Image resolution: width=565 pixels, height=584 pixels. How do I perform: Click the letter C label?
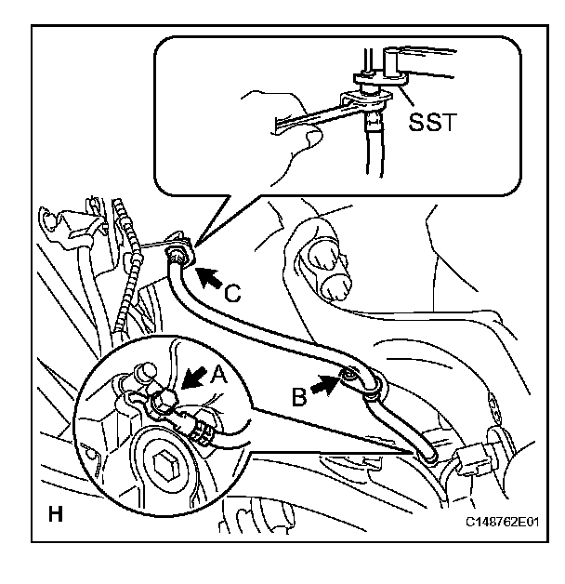pos(234,293)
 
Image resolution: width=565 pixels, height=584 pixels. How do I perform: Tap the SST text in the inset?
pos(431,123)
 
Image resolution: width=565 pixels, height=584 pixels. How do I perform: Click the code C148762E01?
pos(503,524)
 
